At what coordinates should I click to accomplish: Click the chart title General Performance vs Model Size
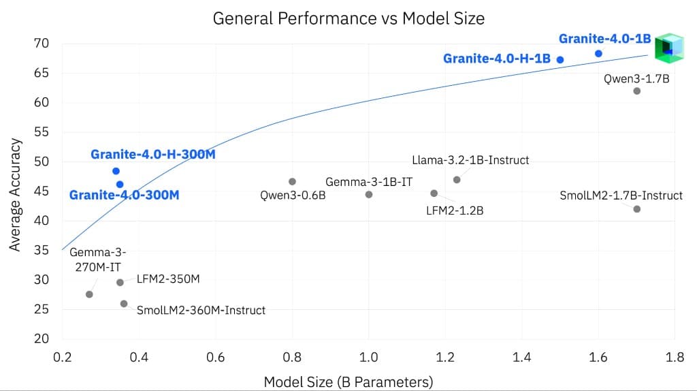(348, 18)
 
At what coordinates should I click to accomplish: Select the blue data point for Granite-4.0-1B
(598, 53)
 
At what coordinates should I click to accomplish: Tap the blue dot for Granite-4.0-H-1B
(560, 59)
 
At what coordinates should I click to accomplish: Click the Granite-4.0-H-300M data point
(116, 171)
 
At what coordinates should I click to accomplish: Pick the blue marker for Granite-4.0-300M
(120, 184)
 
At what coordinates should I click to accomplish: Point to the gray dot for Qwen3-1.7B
(637, 91)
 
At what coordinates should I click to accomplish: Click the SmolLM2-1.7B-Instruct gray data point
(637, 208)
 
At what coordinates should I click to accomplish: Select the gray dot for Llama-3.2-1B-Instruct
(457, 179)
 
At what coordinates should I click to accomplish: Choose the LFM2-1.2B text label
(455, 210)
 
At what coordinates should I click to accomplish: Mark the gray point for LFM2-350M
(120, 282)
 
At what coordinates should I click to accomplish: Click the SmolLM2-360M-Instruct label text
(201, 310)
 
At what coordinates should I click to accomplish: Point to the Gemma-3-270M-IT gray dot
(89, 294)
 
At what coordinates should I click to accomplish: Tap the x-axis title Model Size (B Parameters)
(348, 382)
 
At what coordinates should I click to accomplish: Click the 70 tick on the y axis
(41, 44)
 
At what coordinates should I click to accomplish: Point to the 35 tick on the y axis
(41, 250)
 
